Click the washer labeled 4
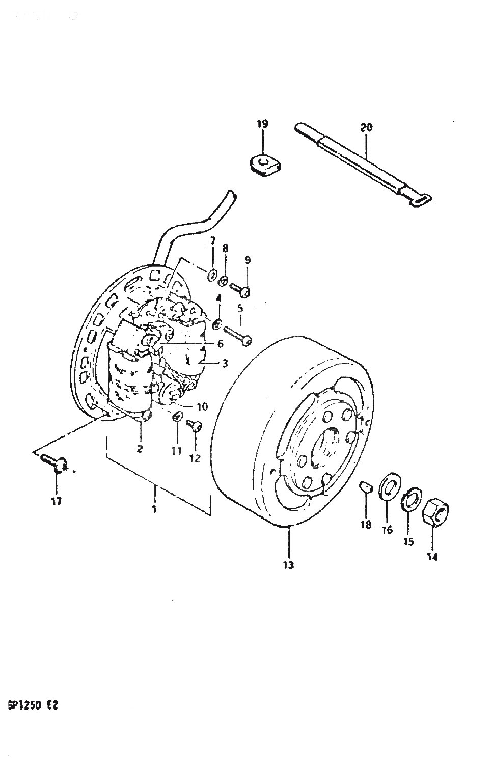217,324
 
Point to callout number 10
202,406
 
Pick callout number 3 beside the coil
225,364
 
